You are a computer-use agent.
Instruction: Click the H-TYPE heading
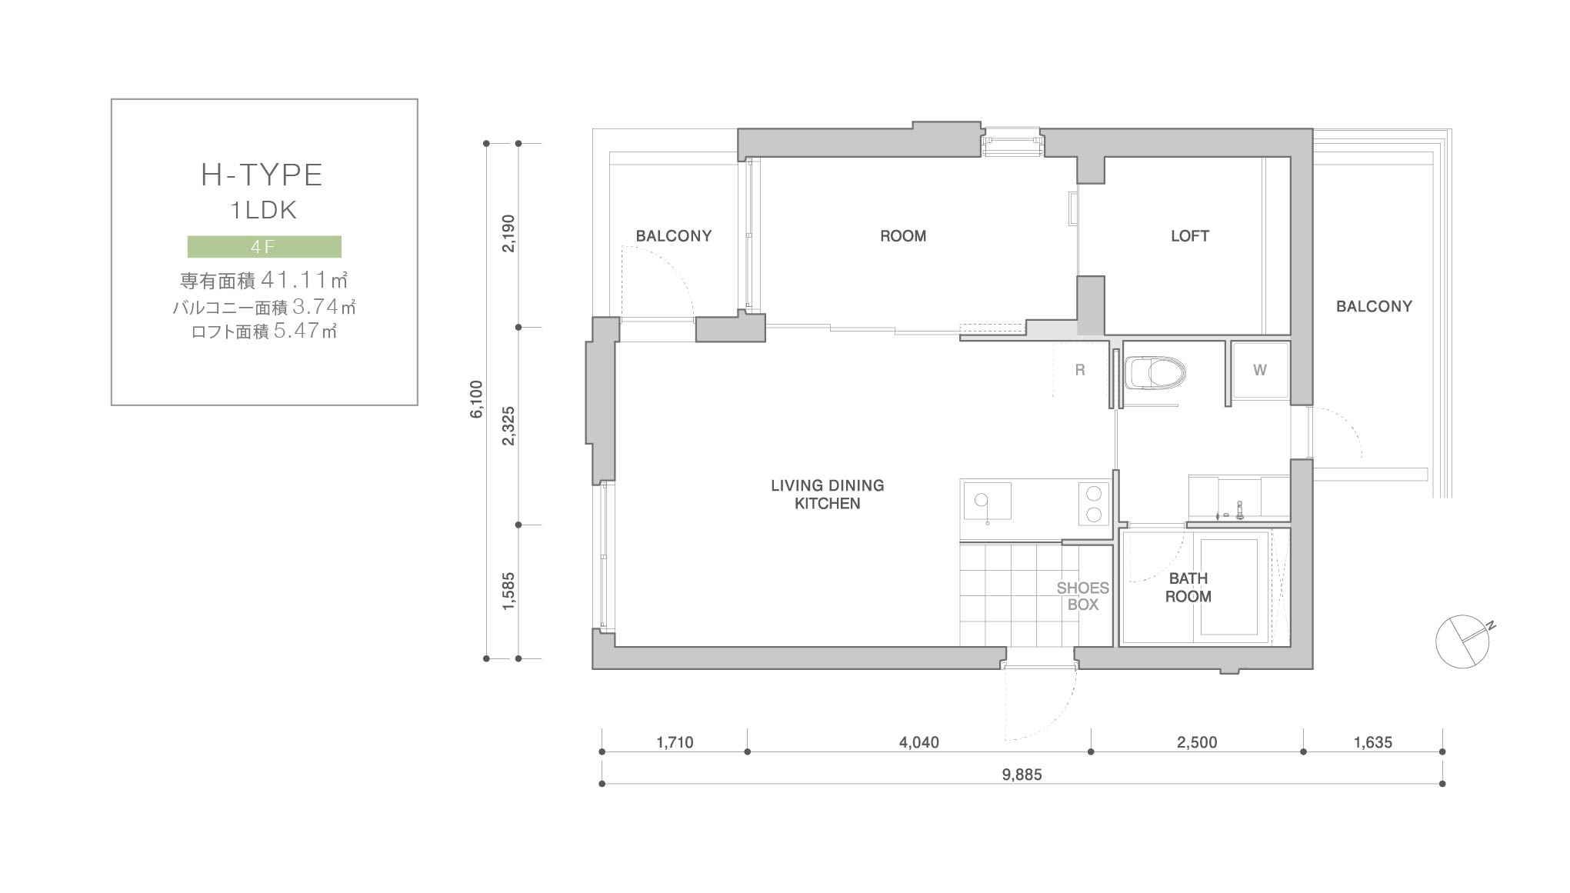(x=262, y=175)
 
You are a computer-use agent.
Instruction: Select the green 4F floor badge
(x=265, y=246)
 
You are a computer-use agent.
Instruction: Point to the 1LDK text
(x=263, y=210)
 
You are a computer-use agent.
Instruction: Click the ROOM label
(x=903, y=236)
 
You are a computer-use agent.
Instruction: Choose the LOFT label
(x=1190, y=236)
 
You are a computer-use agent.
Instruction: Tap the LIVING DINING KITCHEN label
(x=828, y=495)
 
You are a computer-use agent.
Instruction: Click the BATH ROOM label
(x=1188, y=588)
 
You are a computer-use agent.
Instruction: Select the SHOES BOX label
(x=1083, y=596)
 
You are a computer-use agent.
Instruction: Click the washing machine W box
(x=1260, y=370)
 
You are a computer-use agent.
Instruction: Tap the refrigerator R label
(x=1080, y=370)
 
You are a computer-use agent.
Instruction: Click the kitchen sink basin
(x=987, y=501)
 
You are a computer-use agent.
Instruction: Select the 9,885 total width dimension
(x=1022, y=775)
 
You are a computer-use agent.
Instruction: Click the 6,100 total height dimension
(x=477, y=399)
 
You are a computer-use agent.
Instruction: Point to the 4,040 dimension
(x=919, y=742)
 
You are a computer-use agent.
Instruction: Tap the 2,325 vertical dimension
(x=508, y=426)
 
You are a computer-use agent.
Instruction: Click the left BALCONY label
(x=674, y=236)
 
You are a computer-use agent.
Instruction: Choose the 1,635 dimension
(x=1373, y=742)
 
